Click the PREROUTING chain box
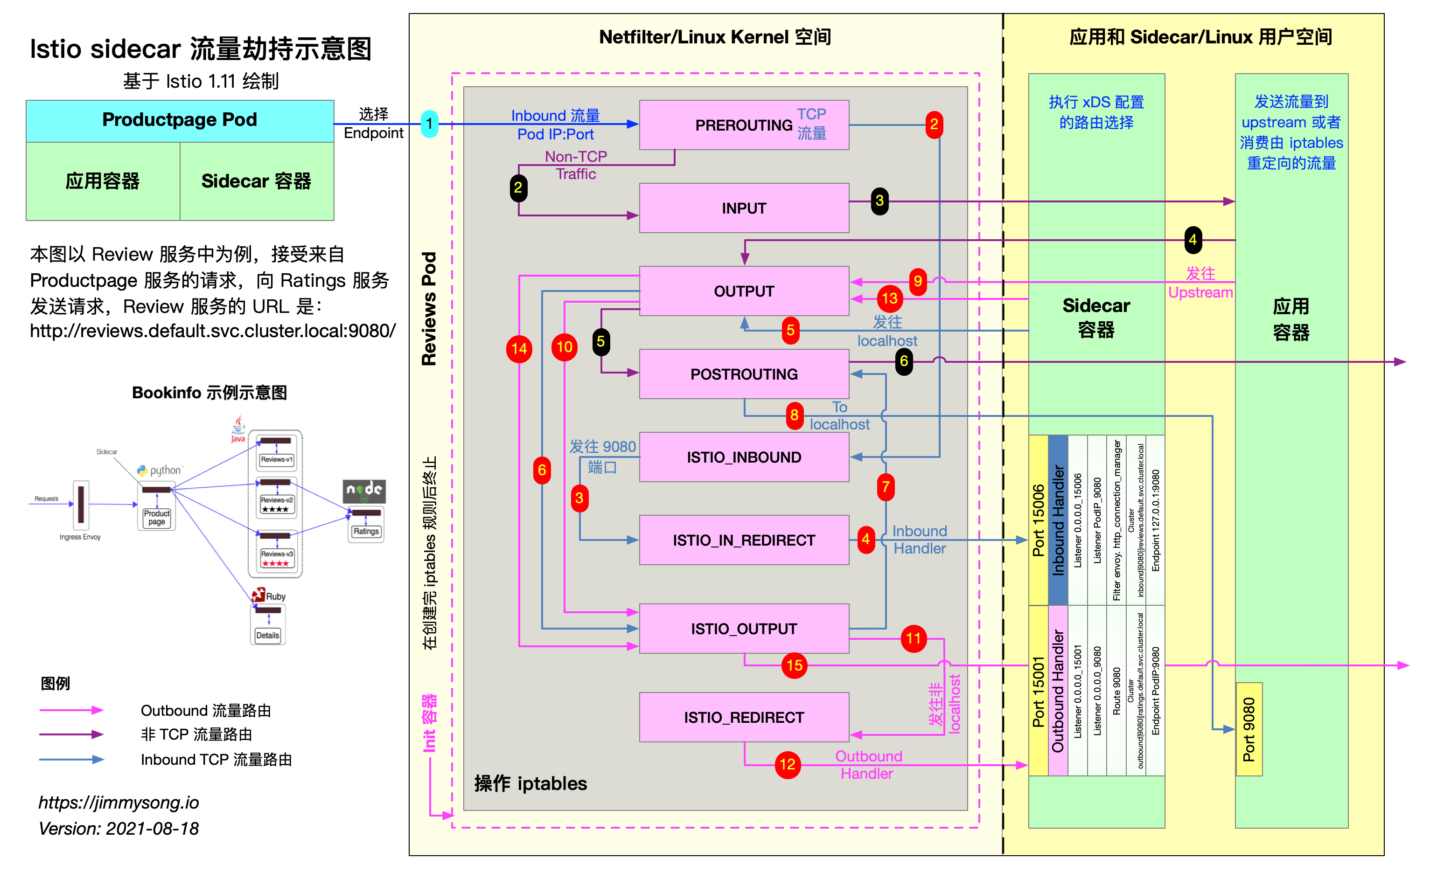pos(744,125)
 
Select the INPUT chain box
pos(744,208)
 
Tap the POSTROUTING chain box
pos(744,374)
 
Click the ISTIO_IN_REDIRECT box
pos(744,540)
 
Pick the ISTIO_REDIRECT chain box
pos(744,718)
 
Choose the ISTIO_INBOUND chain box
pos(744,457)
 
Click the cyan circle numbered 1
pos(429,124)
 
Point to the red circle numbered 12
pos(788,765)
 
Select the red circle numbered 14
pos(519,349)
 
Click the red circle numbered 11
pos(914,639)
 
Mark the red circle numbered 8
pos(794,415)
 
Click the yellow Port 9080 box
pos(1249,729)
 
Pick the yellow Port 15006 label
pos(1038,520)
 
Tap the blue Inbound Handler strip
pos(1058,520)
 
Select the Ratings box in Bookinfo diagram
pos(366,532)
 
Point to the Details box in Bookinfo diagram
pos(268,635)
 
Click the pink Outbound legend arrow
pos(71,710)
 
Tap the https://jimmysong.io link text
pos(119,803)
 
